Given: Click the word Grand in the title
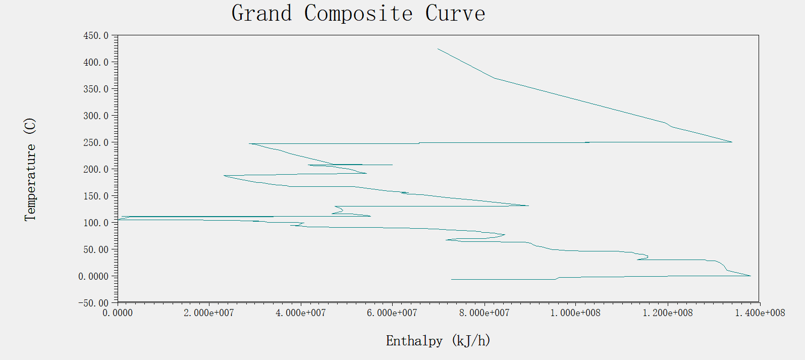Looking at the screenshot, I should [262, 14].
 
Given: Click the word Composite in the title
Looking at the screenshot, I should [358, 14].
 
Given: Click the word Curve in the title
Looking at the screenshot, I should [455, 14].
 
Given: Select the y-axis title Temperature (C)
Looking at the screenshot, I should [30, 169].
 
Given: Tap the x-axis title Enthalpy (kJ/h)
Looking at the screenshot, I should [438, 341].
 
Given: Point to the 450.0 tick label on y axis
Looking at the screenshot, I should [96, 35].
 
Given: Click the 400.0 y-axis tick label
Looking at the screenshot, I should [96, 62].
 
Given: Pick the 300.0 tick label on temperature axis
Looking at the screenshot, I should [96, 116].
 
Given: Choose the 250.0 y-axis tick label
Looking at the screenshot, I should [96, 142].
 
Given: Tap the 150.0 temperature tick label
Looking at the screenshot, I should [96, 196].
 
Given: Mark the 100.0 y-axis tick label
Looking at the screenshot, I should [96, 223].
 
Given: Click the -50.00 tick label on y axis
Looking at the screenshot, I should [93, 303].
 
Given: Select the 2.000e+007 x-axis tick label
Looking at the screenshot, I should [209, 313].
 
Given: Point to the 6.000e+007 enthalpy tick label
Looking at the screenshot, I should [392, 313].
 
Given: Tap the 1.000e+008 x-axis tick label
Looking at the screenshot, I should [575, 313].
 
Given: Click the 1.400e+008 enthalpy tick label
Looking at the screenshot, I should [760, 313].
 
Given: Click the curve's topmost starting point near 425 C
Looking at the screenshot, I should [438, 49].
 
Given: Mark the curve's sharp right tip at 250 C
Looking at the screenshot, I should [732, 142].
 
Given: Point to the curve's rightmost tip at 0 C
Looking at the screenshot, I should [750, 276].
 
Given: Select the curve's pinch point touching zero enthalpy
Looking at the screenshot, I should [119, 220].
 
